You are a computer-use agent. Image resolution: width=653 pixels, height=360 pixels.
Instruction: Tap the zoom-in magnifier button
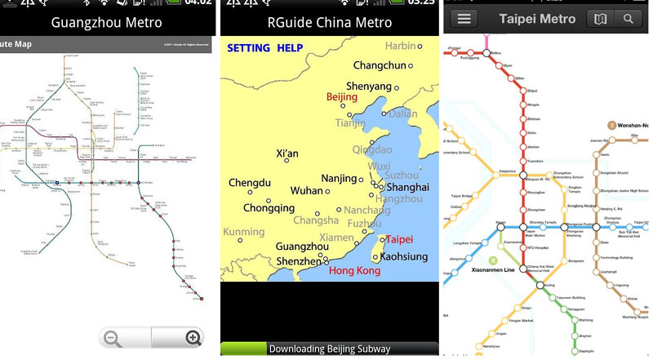pyautogui.click(x=193, y=338)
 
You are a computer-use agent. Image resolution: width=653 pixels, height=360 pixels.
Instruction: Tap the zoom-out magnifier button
pyautogui.click(x=113, y=338)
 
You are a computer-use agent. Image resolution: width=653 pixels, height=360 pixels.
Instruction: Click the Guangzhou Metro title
pyautogui.click(x=106, y=23)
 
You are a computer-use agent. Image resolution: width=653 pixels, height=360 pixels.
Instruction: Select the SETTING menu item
pyautogui.click(x=248, y=48)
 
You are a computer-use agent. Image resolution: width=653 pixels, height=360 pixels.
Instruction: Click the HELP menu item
pyautogui.click(x=290, y=48)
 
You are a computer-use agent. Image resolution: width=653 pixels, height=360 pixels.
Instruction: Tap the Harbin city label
pyautogui.click(x=400, y=46)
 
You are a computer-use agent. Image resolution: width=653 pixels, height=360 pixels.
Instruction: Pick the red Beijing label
pyautogui.click(x=342, y=97)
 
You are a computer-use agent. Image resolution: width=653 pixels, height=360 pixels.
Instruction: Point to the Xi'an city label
pyautogui.click(x=288, y=153)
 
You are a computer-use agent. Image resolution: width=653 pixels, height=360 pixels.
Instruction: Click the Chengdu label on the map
pyautogui.click(x=249, y=183)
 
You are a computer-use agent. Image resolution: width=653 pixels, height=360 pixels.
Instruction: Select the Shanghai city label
pyautogui.click(x=407, y=187)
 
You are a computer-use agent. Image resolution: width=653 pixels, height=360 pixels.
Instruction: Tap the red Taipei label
pyautogui.click(x=399, y=240)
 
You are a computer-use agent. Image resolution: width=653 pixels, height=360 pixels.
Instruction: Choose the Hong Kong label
pyautogui.click(x=354, y=270)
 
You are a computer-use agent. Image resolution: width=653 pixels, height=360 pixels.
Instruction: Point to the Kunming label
pyautogui.click(x=244, y=233)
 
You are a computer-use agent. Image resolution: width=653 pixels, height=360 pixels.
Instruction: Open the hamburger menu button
pyautogui.click(x=463, y=18)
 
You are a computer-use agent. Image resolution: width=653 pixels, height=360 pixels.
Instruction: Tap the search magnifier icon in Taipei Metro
pyautogui.click(x=628, y=18)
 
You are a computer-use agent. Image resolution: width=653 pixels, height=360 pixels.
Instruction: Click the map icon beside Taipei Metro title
pyautogui.click(x=600, y=18)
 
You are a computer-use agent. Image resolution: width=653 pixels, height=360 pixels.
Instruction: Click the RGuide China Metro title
pyautogui.click(x=329, y=23)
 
